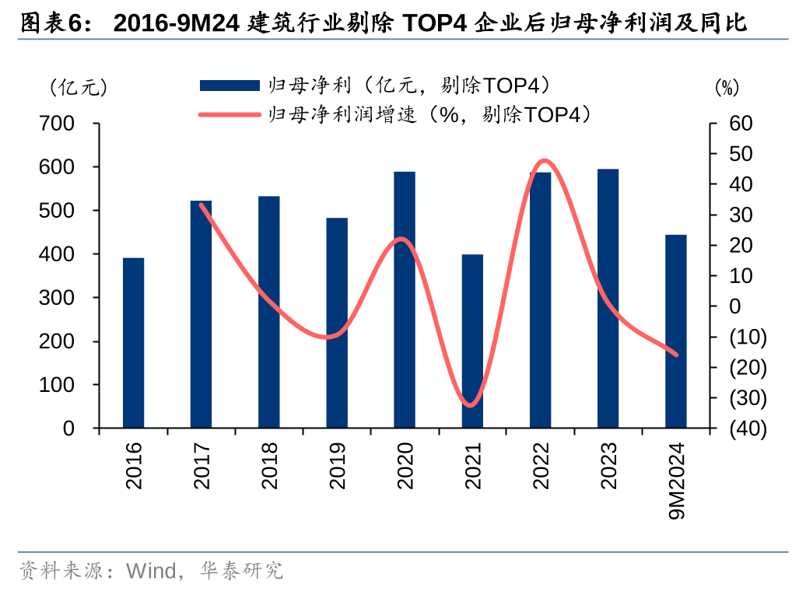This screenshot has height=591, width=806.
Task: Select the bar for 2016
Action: (x=133, y=343)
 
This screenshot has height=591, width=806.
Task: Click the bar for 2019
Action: (x=337, y=323)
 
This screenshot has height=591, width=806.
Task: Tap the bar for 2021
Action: (x=472, y=341)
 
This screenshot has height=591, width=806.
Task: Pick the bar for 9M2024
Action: (x=676, y=331)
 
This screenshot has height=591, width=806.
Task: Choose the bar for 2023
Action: (x=608, y=299)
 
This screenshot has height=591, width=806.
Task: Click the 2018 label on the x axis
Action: (x=269, y=466)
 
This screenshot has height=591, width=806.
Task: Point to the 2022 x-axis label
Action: (x=541, y=466)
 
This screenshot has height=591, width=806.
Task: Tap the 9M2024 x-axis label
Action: (x=676, y=482)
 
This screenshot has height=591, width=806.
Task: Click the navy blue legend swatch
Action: (x=229, y=86)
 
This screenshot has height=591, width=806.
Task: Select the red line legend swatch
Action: (x=229, y=115)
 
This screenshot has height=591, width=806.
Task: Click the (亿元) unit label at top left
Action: (x=78, y=88)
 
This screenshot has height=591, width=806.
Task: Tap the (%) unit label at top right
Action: (x=727, y=88)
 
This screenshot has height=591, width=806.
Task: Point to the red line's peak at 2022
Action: (x=545, y=161)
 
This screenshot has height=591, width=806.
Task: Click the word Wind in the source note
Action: (x=152, y=572)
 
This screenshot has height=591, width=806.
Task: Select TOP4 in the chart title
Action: (x=433, y=23)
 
